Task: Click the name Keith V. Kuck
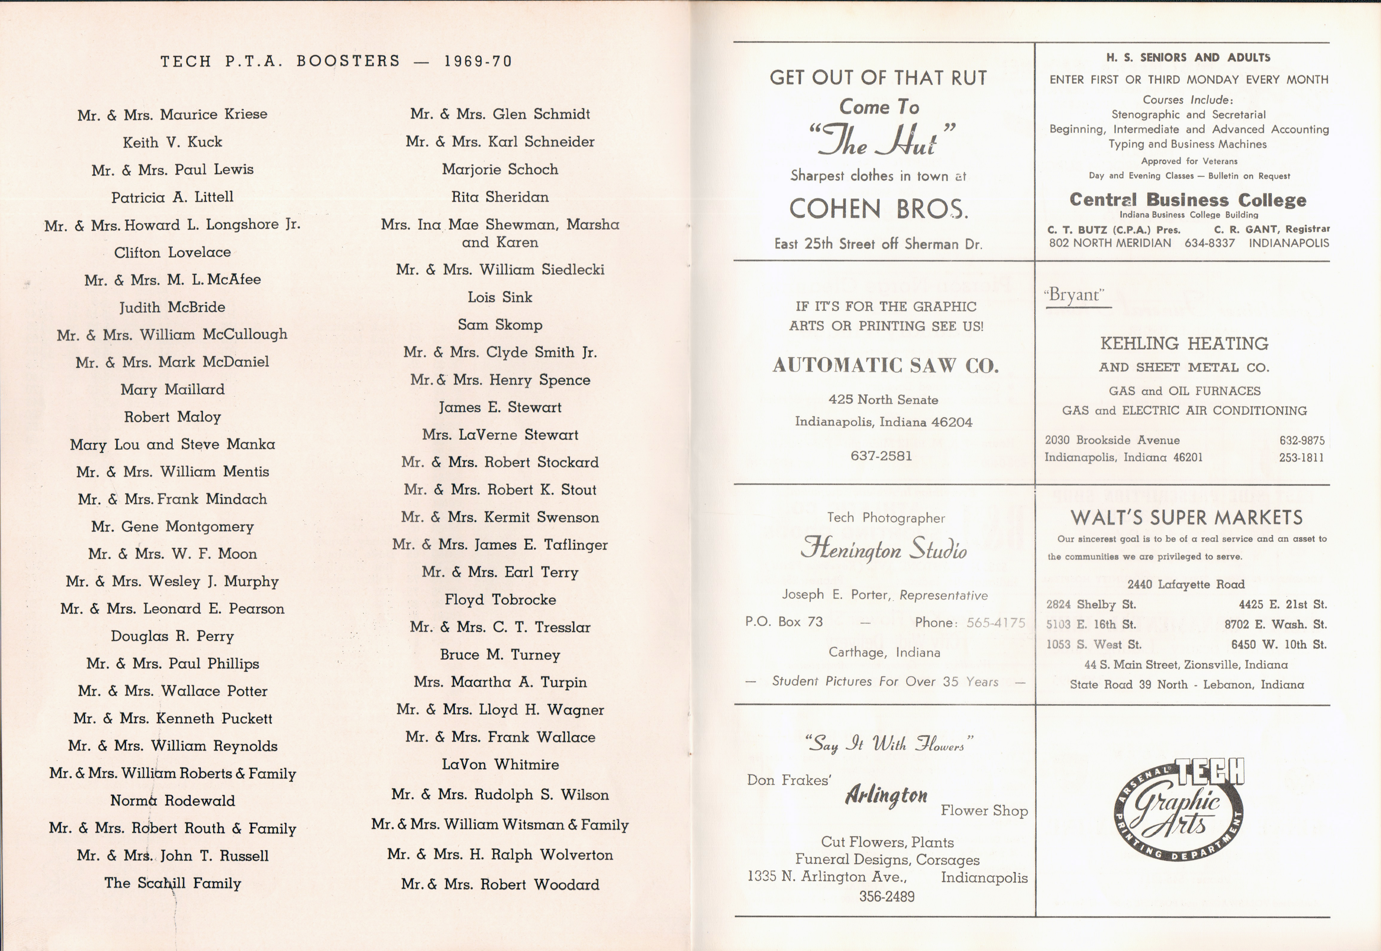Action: point(172,142)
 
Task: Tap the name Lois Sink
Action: point(499,297)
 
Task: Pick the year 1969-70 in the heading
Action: point(478,61)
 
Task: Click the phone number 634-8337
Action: point(1209,243)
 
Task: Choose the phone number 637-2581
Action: point(881,456)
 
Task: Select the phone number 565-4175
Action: point(995,623)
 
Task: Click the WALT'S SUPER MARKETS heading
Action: point(1186,517)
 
